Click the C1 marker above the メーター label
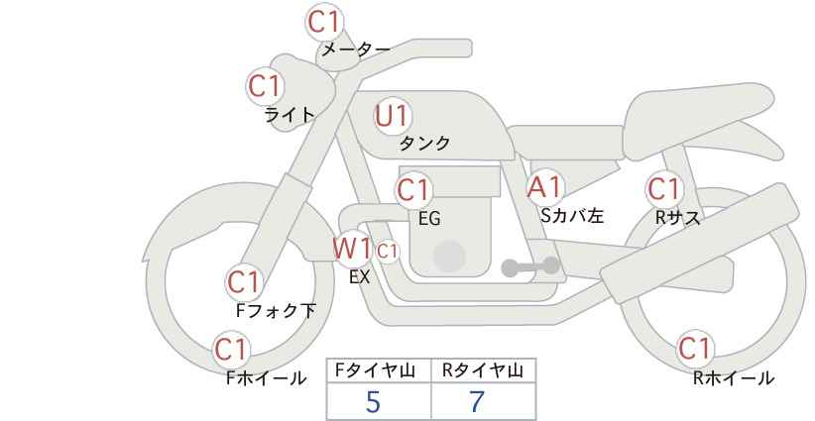(323, 22)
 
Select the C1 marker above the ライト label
(265, 86)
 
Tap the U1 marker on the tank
(393, 116)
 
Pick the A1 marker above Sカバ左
(544, 187)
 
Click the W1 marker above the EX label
(353, 248)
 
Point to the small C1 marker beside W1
(388, 252)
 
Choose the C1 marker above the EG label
(413, 190)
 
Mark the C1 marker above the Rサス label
(663, 189)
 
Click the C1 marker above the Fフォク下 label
(243, 282)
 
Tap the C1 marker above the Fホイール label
(231, 350)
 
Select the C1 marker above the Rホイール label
(694, 349)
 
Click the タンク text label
(424, 143)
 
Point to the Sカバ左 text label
(572, 215)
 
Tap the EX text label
(360, 277)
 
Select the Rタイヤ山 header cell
(484, 370)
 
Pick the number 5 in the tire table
(373, 402)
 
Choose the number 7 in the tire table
(477, 402)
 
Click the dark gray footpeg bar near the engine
(530, 266)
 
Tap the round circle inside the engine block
(449, 257)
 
